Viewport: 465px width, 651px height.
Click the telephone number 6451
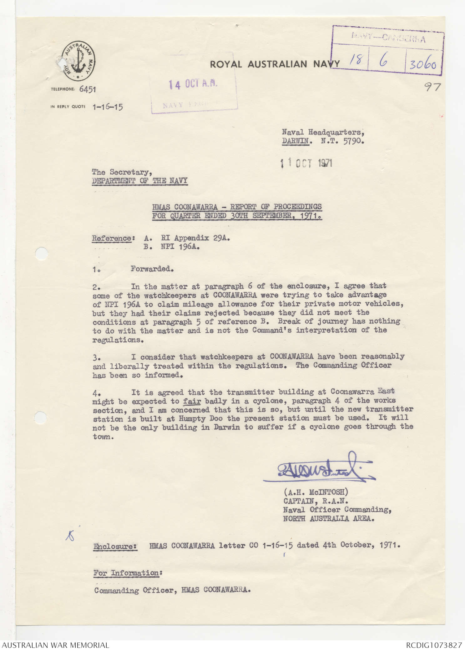click(88, 89)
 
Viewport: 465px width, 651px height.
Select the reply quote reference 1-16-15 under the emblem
click(108, 107)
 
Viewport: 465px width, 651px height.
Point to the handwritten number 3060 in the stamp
click(423, 65)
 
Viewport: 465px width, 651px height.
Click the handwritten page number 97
click(433, 87)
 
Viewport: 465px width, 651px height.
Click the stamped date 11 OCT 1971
click(306, 163)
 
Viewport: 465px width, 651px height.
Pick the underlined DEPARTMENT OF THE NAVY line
click(140, 181)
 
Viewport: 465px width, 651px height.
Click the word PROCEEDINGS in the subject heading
click(298, 207)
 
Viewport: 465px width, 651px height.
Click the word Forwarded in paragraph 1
click(152, 269)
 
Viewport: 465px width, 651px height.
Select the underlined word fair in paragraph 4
click(192, 401)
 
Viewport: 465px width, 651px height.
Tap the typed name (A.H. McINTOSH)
click(316, 492)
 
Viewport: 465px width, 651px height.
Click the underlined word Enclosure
click(115, 547)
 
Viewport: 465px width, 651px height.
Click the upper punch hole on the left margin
click(41, 253)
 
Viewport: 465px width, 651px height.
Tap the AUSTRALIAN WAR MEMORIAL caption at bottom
click(56, 645)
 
